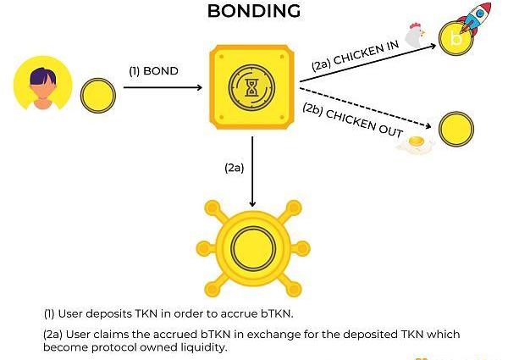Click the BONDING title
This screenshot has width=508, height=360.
pos(254,11)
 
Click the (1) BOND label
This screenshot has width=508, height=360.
pos(153,71)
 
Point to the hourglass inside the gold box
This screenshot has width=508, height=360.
pos(252,87)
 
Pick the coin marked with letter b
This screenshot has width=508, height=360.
pos(456,38)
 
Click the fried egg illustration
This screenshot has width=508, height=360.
pos(415,146)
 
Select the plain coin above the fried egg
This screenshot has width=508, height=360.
pos(456,127)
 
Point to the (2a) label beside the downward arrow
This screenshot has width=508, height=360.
pos(235,167)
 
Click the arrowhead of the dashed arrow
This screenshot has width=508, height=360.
pos(431,128)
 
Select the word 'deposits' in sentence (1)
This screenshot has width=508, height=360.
pos(113,315)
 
